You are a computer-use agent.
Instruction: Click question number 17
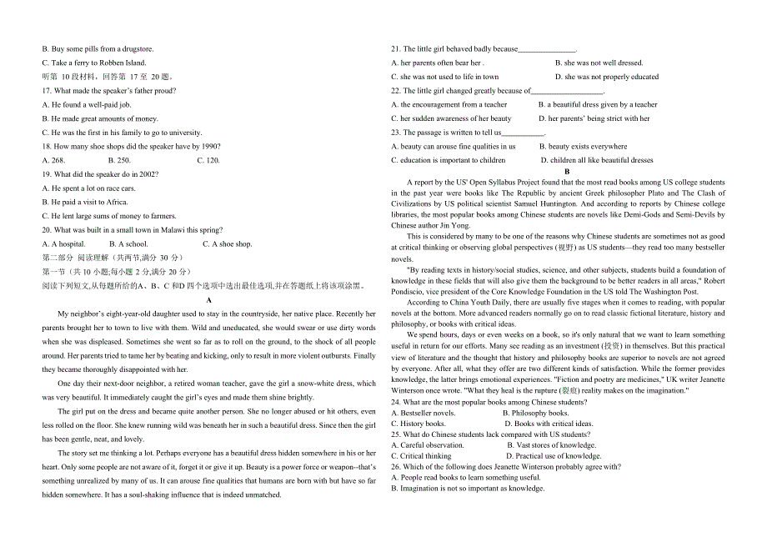pyautogui.click(x=47, y=91)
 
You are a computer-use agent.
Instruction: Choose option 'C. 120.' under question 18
pyautogui.click(x=208, y=160)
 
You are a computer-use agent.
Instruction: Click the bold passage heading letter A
pyautogui.click(x=208, y=300)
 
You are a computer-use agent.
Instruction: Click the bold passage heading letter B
pyautogui.click(x=567, y=171)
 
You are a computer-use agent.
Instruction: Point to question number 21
pyautogui.click(x=397, y=49)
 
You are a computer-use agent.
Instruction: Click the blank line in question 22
pyautogui.click(x=567, y=91)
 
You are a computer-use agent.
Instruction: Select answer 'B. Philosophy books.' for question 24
pyautogui.click(x=535, y=413)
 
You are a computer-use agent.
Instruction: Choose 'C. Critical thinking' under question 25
pyautogui.click(x=426, y=456)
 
